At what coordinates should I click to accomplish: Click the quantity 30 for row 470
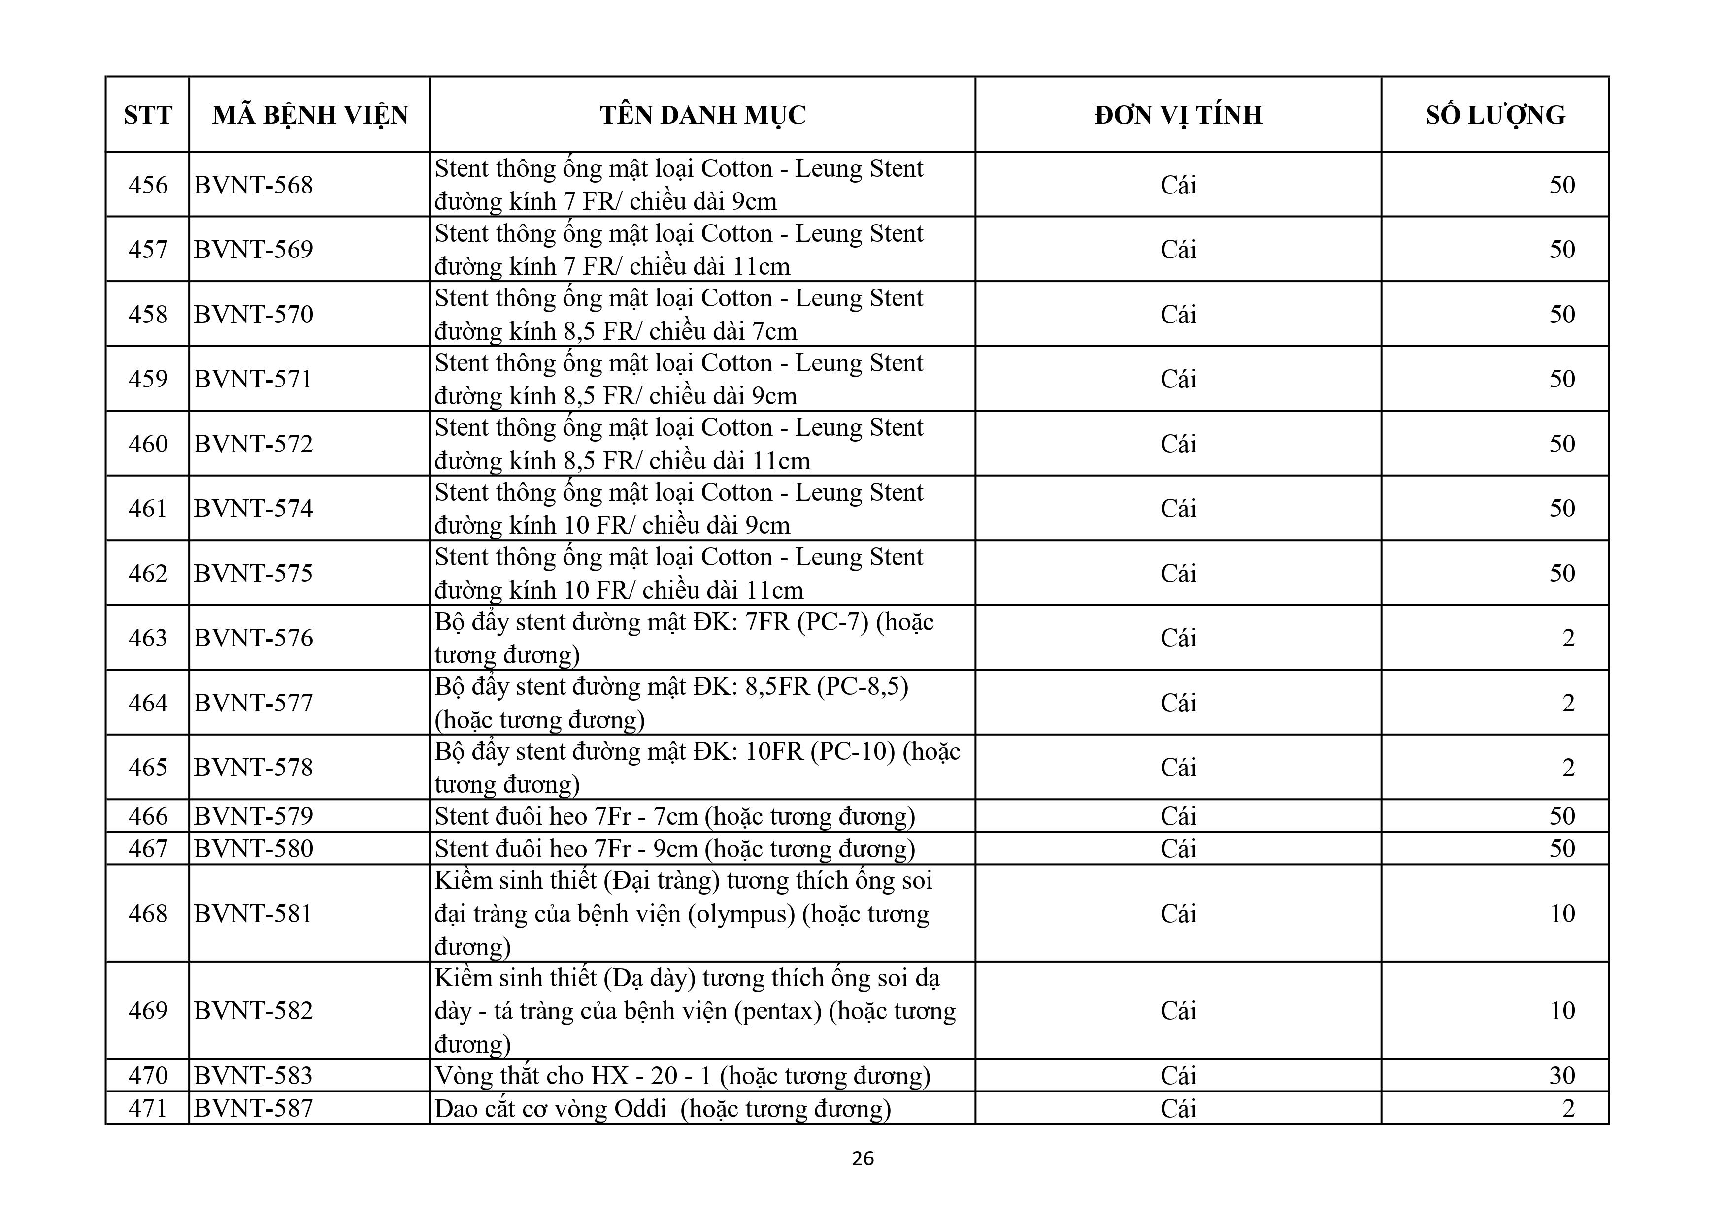1562,1075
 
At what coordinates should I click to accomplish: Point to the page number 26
863,1158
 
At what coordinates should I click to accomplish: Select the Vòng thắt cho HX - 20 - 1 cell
682,1075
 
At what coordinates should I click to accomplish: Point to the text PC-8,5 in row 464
863,687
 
